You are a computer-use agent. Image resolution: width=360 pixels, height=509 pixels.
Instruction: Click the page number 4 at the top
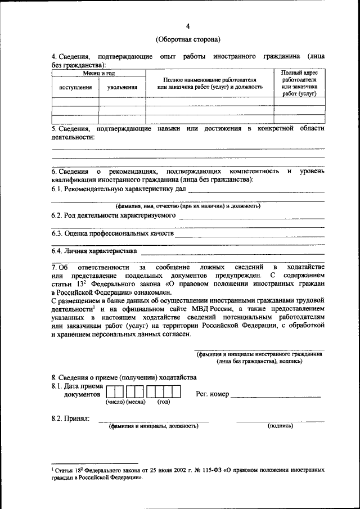pos(188,26)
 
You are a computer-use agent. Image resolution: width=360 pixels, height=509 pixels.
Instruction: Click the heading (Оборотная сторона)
pos(188,39)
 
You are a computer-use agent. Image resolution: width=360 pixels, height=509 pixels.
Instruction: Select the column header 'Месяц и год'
pos(99,74)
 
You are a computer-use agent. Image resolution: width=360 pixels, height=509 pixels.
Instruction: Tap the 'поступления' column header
pos(75,87)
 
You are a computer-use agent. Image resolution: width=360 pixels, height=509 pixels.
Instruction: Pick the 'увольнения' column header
pos(122,87)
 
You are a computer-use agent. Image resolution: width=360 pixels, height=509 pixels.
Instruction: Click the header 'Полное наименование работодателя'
pos(210,80)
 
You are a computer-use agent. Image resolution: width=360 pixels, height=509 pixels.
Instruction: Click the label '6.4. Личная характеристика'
pos(94,251)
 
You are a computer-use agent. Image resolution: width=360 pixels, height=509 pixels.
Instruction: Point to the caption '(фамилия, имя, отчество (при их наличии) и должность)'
pos(188,206)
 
